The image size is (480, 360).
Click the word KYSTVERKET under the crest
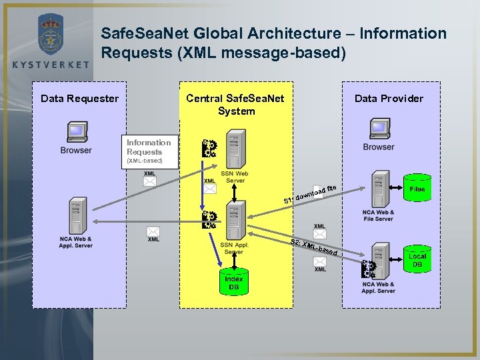(50, 64)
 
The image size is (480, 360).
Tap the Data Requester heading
(79, 99)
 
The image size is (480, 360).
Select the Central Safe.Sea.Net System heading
(235, 105)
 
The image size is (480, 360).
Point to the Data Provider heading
(389, 99)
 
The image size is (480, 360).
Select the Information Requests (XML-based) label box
(149, 151)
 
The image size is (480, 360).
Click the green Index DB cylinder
(234, 281)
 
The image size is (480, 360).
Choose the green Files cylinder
(417, 189)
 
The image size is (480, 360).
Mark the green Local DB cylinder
(417, 259)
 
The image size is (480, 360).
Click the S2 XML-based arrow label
(317, 247)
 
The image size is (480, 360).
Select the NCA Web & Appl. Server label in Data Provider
(378, 287)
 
